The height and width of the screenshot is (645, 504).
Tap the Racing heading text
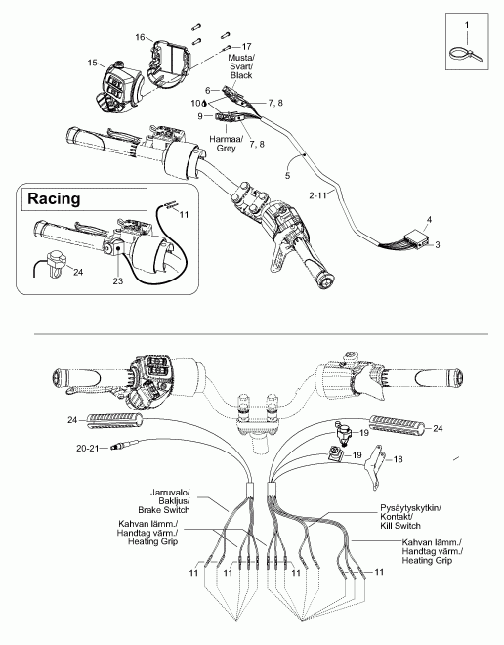click(x=54, y=198)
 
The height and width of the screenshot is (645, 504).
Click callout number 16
click(x=140, y=37)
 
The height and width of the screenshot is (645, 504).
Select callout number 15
click(x=92, y=63)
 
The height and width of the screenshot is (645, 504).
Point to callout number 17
click(x=246, y=47)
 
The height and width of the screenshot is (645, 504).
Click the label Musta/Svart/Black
click(x=241, y=66)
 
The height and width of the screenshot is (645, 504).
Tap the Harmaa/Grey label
click(x=226, y=143)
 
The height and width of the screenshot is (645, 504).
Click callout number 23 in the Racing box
click(x=118, y=281)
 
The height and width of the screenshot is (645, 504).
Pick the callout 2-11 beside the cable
click(x=317, y=195)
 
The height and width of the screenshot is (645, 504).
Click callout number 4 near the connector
click(x=429, y=219)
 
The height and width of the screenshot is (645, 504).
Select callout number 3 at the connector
click(x=437, y=244)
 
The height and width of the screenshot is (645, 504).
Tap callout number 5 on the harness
click(x=287, y=176)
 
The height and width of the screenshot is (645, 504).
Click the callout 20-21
click(x=88, y=448)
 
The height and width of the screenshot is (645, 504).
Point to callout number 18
click(x=398, y=459)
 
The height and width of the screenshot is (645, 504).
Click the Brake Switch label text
click(x=164, y=510)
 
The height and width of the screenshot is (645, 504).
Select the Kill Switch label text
click(x=400, y=526)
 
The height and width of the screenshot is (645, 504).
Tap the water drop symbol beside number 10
click(x=204, y=103)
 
